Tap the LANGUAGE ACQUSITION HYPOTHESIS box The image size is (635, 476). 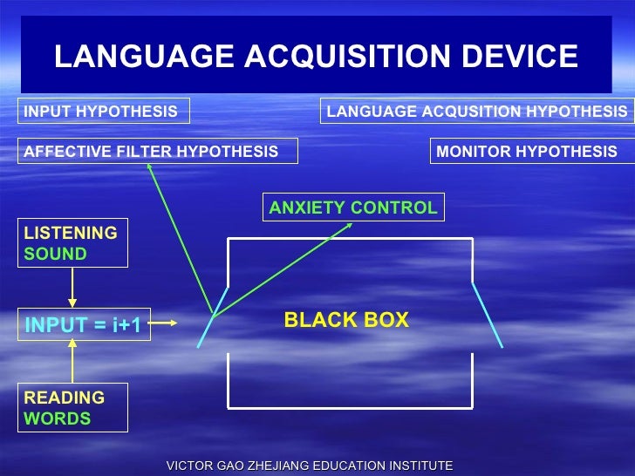tap(476, 112)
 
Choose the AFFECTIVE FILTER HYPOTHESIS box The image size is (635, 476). tap(158, 152)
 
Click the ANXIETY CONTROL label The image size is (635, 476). tap(353, 207)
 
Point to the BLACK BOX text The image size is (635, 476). tap(346, 320)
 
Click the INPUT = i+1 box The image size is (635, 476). tap(84, 326)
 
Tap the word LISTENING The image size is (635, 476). tap(71, 233)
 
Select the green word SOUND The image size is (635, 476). tap(56, 254)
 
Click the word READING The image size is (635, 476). tap(65, 398)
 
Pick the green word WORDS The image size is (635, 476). tap(58, 418)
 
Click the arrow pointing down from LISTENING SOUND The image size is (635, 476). tap(72, 287)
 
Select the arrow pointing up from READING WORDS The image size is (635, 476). tap(72, 360)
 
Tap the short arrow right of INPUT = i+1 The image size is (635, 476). tap(168, 323)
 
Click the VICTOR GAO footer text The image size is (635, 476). tap(309, 466)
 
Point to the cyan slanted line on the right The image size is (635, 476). tap(487, 314)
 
